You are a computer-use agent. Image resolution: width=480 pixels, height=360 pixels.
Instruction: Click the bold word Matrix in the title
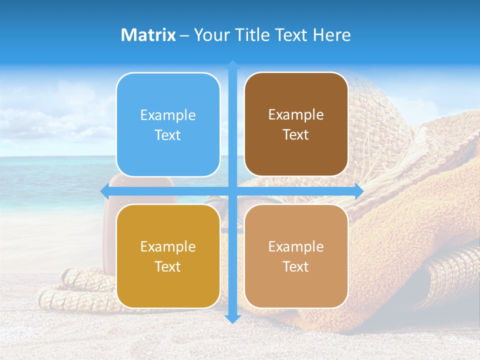coord(148,35)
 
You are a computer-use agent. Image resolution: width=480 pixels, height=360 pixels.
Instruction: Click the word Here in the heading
coord(331,35)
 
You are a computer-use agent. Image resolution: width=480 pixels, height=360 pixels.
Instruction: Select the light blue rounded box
coord(168,125)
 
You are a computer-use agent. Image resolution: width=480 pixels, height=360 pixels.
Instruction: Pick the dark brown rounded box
coord(296,124)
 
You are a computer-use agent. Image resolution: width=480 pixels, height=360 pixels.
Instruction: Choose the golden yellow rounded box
coord(168,256)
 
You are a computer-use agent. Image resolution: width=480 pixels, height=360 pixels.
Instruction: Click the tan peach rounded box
coord(296,256)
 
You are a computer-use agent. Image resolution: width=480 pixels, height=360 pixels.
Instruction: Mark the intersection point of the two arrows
coord(232,191)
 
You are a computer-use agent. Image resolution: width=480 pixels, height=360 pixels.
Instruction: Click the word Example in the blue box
coord(168,115)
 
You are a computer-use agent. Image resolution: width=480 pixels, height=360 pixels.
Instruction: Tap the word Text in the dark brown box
coord(296,135)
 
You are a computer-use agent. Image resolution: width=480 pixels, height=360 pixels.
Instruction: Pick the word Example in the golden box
coord(168,247)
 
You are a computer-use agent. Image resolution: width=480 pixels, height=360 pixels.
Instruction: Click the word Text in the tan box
coord(296,267)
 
